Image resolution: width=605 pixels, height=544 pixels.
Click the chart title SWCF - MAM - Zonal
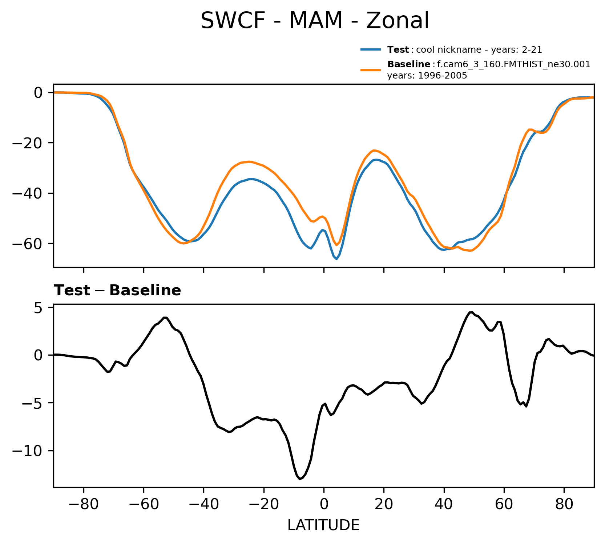coord(315,21)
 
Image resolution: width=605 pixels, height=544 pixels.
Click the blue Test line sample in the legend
coord(370,49)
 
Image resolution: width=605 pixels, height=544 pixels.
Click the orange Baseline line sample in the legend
coord(370,70)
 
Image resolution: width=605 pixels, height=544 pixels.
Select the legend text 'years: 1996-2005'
coord(427,76)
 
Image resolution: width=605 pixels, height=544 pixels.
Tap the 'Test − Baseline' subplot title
coord(117,291)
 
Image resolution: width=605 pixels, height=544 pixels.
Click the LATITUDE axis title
coord(323,525)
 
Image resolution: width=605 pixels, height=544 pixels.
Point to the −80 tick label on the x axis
coord(84,505)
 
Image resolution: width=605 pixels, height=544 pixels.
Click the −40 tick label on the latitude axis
coord(203,505)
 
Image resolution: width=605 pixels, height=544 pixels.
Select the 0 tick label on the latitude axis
coord(324,505)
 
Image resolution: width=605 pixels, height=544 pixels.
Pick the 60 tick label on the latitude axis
coord(504,505)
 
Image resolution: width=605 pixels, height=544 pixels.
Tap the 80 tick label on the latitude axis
coord(564,505)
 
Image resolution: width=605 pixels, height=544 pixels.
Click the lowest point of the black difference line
coord(300,479)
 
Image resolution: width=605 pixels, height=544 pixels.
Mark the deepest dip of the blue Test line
coord(336,259)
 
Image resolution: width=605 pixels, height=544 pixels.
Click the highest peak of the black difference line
coord(471,312)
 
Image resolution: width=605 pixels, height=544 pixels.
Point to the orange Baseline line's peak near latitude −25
coord(249,161)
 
